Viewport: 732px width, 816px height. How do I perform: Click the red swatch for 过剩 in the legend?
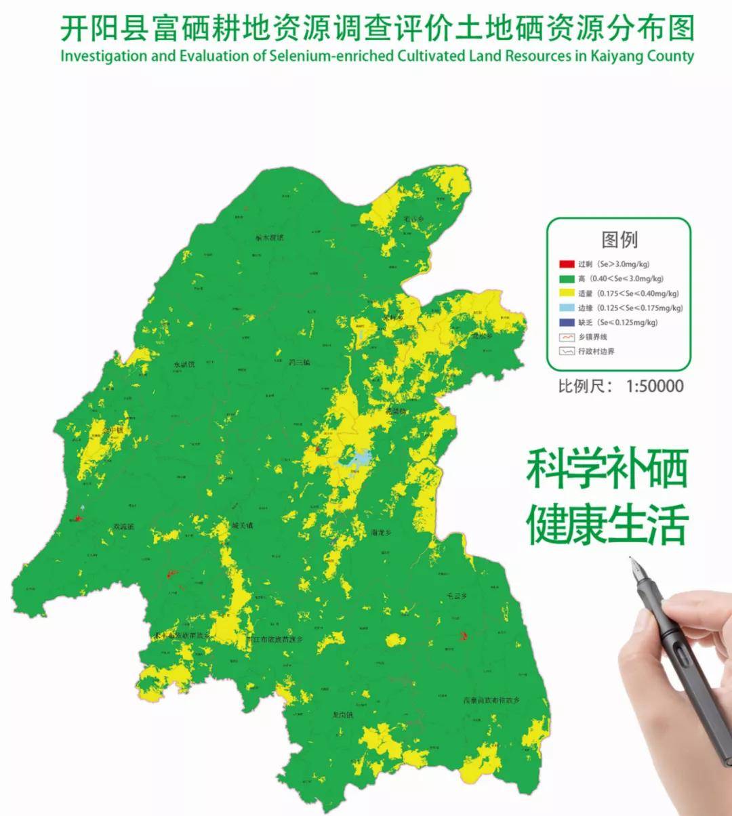[567, 264]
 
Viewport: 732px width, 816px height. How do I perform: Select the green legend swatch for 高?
[567, 279]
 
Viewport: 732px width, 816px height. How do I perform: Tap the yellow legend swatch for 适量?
[567, 293]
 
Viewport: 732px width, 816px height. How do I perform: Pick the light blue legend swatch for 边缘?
[567, 308]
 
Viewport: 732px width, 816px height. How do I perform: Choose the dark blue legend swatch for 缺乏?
[567, 323]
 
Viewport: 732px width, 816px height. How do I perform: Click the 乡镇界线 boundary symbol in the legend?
[567, 337]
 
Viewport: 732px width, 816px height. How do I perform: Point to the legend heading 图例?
[619, 239]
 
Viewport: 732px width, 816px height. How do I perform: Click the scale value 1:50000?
[655, 386]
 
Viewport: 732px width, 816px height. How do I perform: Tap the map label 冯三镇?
[299, 363]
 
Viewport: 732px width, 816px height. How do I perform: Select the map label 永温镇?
[184, 365]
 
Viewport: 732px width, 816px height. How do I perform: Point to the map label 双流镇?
[123, 527]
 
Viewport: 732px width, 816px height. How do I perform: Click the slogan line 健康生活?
[607, 523]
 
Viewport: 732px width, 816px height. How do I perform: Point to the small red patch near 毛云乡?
[464, 636]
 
